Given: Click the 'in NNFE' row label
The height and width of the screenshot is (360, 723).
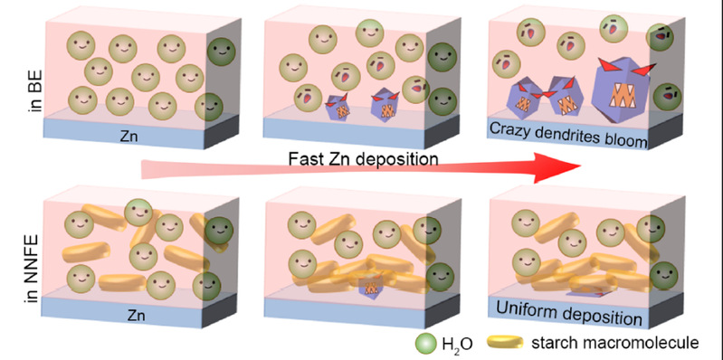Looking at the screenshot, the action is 33,269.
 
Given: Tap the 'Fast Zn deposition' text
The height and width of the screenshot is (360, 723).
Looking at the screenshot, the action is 364,159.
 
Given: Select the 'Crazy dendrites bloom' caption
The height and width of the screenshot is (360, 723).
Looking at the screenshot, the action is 568,135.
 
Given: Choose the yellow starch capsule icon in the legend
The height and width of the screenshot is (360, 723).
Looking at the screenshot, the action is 506,342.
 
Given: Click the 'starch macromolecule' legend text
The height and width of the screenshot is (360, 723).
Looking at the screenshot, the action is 614,343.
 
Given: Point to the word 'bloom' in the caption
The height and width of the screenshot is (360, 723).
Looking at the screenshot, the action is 627,140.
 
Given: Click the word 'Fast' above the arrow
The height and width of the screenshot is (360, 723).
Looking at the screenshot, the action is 304,159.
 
